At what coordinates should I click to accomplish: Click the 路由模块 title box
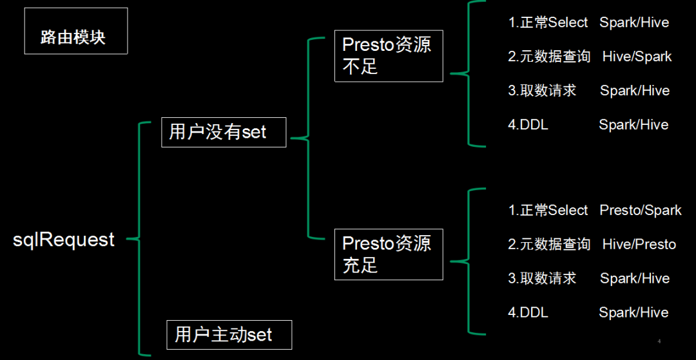[75, 31]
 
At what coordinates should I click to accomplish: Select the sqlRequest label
[64, 240]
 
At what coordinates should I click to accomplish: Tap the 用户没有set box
[223, 132]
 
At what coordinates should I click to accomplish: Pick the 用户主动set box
[229, 335]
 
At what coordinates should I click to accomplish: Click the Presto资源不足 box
[389, 55]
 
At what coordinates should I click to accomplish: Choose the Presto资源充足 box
[389, 254]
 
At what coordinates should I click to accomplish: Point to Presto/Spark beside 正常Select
[640, 211]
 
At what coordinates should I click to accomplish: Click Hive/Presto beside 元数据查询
[639, 244]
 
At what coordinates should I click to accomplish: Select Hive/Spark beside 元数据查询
[637, 57]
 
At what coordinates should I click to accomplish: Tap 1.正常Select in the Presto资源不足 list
[548, 23]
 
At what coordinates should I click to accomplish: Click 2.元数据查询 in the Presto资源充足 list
[549, 244]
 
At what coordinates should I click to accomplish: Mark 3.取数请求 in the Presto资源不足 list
[542, 91]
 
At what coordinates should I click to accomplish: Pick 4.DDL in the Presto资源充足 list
[528, 312]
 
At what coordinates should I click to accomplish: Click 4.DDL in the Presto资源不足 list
[528, 125]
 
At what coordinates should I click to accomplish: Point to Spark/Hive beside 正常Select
[634, 23]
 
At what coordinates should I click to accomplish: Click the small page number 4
[659, 341]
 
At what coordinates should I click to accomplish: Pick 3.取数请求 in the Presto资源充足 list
[542, 278]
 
